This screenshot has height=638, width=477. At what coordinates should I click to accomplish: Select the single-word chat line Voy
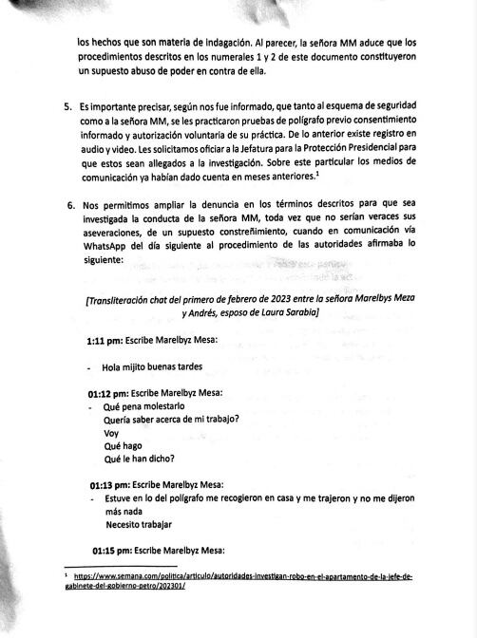pos(111,431)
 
